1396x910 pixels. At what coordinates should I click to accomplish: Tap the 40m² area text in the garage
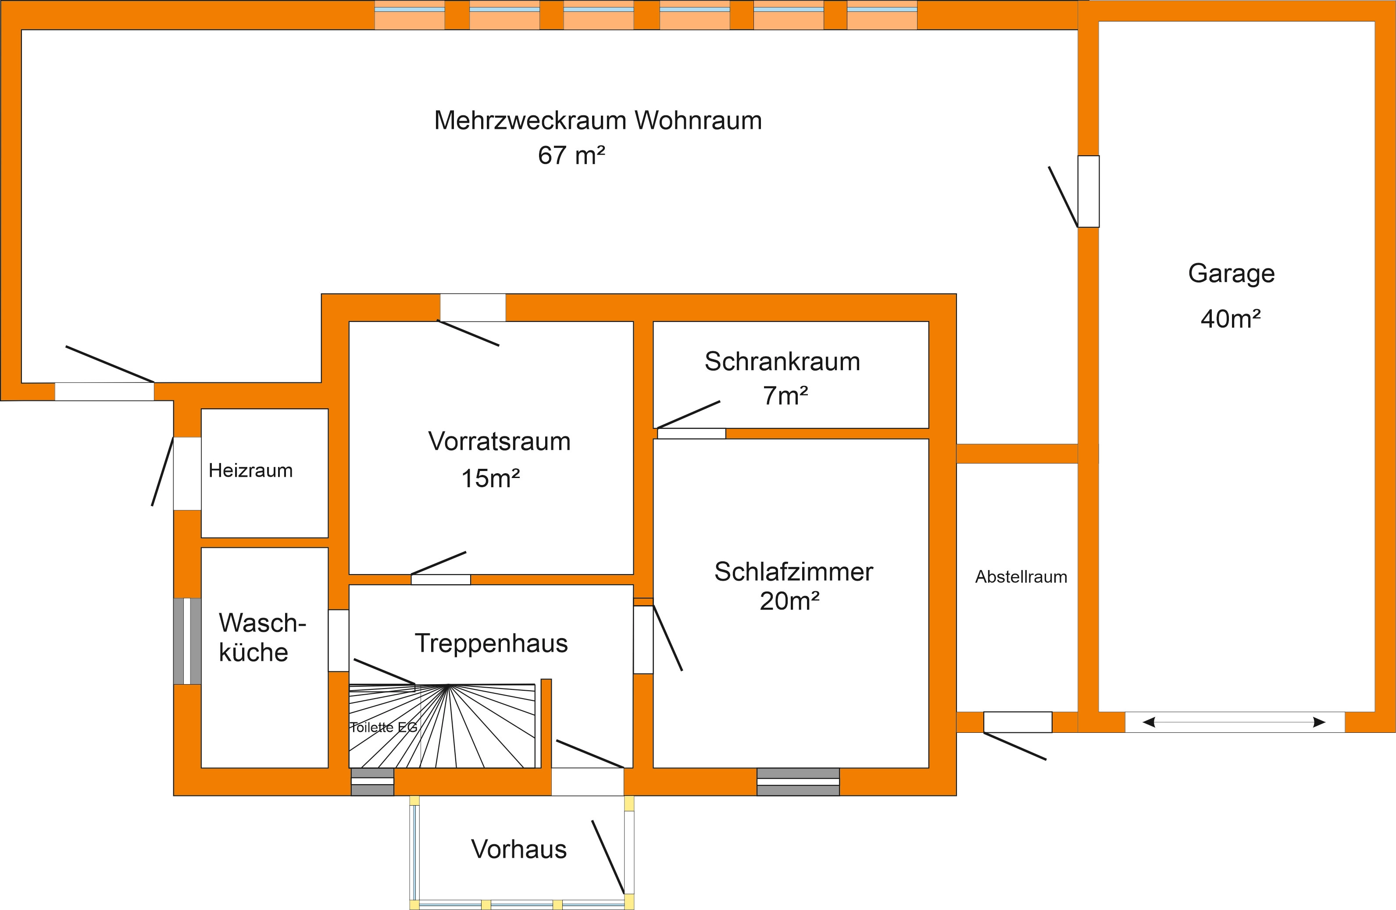[1231, 319]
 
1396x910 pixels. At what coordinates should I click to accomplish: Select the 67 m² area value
[571, 155]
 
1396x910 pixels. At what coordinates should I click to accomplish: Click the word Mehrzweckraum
[530, 120]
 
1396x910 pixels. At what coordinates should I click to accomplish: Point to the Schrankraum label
[782, 362]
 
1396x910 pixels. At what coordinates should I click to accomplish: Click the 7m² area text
[785, 396]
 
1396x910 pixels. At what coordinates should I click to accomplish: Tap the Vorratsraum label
[499, 442]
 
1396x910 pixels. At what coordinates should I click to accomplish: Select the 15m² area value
[490, 478]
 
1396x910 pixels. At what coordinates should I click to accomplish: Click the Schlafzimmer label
[793, 572]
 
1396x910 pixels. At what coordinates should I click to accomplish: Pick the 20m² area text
[789, 601]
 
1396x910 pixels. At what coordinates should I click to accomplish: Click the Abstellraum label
[1021, 577]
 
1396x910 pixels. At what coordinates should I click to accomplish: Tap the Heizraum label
[250, 471]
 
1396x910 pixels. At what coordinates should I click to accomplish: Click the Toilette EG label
[384, 727]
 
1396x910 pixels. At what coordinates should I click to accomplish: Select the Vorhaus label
[519, 849]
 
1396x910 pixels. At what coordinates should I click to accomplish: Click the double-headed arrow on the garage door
[1234, 722]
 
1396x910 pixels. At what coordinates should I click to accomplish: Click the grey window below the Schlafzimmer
[798, 782]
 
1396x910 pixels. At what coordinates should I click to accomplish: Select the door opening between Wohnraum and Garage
[1089, 191]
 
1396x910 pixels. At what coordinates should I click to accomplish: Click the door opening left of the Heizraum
[187, 474]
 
